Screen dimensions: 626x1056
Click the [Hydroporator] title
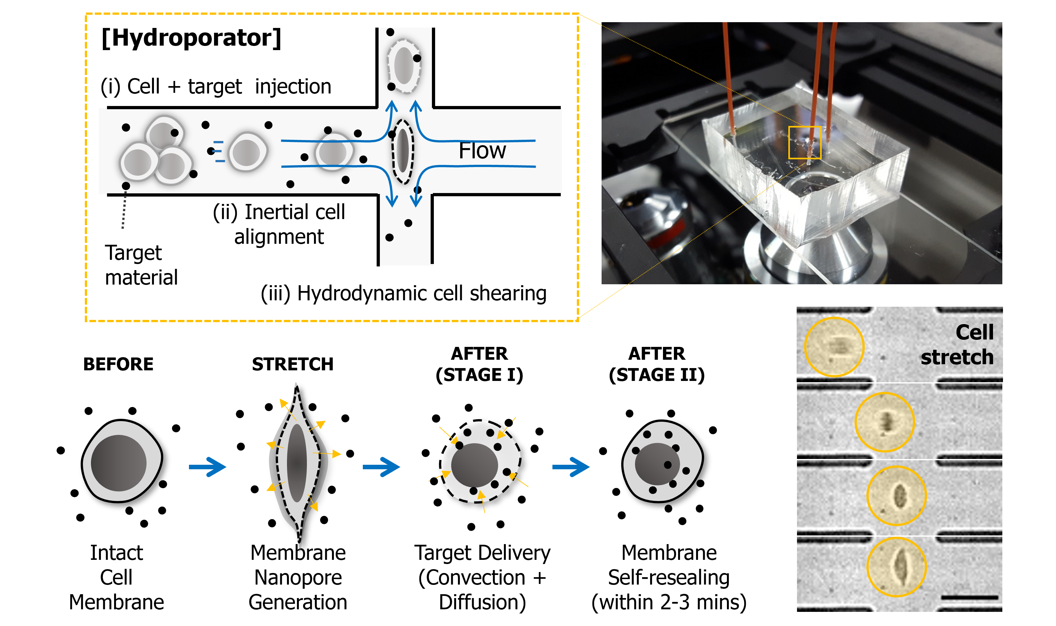point(191,38)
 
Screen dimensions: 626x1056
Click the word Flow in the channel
point(482,151)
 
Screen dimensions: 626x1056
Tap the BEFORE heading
point(118,364)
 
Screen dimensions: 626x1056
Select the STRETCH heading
point(292,364)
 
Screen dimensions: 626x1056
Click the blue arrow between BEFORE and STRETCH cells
point(207,467)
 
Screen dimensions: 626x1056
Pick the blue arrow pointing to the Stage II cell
point(571,467)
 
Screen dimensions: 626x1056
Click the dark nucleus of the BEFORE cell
point(119,463)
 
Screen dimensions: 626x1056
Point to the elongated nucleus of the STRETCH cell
point(297,463)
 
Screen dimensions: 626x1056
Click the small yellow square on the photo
point(805,143)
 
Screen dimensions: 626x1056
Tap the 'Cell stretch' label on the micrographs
point(957,345)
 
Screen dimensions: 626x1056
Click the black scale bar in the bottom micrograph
point(970,597)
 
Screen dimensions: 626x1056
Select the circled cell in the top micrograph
point(834,347)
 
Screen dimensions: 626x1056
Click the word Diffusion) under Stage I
point(482,602)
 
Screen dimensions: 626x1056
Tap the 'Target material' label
point(141,265)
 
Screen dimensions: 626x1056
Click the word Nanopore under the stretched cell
point(298,578)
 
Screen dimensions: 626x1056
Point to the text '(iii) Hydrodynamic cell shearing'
point(404,293)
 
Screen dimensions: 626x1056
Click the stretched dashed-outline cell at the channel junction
point(403,151)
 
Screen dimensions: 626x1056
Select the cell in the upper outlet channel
point(404,66)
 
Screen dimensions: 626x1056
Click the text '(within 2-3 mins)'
point(669,602)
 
